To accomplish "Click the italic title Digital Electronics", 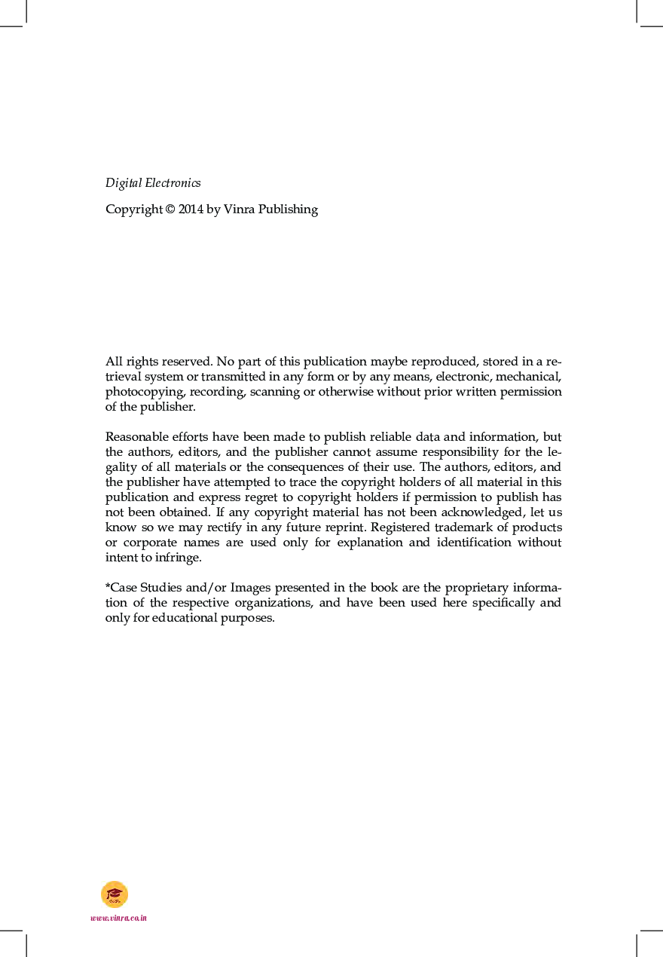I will point(153,183).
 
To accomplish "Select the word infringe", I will point(180,558).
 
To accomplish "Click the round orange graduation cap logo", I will point(115,894).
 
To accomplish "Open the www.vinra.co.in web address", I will point(118,918).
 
